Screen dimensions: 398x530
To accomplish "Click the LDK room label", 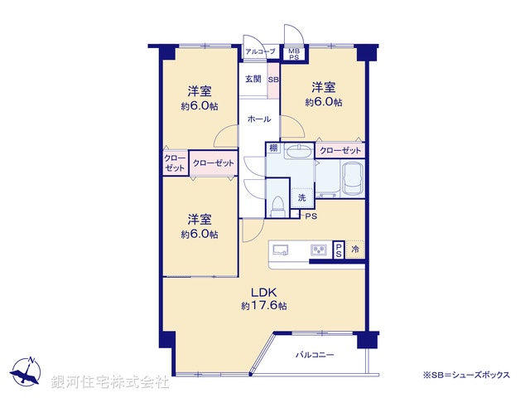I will point(264,291).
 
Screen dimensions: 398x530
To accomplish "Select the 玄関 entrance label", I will point(253,80).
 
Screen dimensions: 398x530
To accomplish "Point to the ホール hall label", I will point(258,119).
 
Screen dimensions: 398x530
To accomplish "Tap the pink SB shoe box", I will point(273,80).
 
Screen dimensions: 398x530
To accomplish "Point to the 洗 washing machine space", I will point(302,197).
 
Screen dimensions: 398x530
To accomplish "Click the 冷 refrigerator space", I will point(355,250).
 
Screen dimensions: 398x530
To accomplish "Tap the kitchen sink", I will point(280,249).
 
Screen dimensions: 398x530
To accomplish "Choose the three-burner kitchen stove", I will point(318,250).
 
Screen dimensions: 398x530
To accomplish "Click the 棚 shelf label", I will point(272,148).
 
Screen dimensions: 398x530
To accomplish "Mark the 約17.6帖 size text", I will point(264,306).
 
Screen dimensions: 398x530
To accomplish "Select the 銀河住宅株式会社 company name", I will point(111,382).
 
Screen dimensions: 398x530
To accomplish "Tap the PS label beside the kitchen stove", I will point(338,250).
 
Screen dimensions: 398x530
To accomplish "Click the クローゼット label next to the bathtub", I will point(340,150).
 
